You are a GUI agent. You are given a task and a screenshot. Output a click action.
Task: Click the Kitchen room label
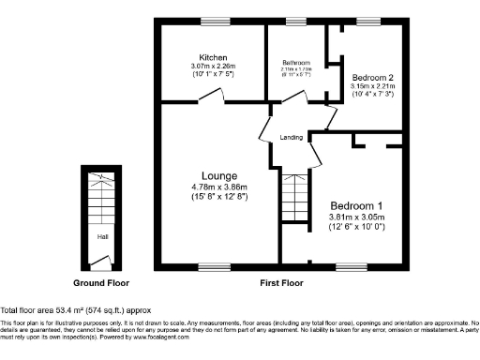[x=213, y=56]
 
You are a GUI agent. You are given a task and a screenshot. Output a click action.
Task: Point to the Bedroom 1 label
[x=356, y=206]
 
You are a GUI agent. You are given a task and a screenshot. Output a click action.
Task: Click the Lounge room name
[x=219, y=175]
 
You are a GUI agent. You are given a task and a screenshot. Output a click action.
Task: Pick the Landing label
[x=291, y=138]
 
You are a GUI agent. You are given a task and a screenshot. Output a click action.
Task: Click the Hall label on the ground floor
[x=102, y=237]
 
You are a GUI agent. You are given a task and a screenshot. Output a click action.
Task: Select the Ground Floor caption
[x=101, y=282]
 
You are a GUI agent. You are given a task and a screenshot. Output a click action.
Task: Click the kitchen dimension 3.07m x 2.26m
[x=213, y=66]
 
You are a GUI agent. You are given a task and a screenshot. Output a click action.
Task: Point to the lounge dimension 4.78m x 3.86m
[x=219, y=187]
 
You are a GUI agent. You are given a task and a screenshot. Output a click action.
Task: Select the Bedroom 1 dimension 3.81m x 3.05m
[x=356, y=217]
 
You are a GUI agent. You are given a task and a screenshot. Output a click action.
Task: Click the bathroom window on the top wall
[x=296, y=21]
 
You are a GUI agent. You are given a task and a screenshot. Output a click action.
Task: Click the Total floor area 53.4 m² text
[x=75, y=309]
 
